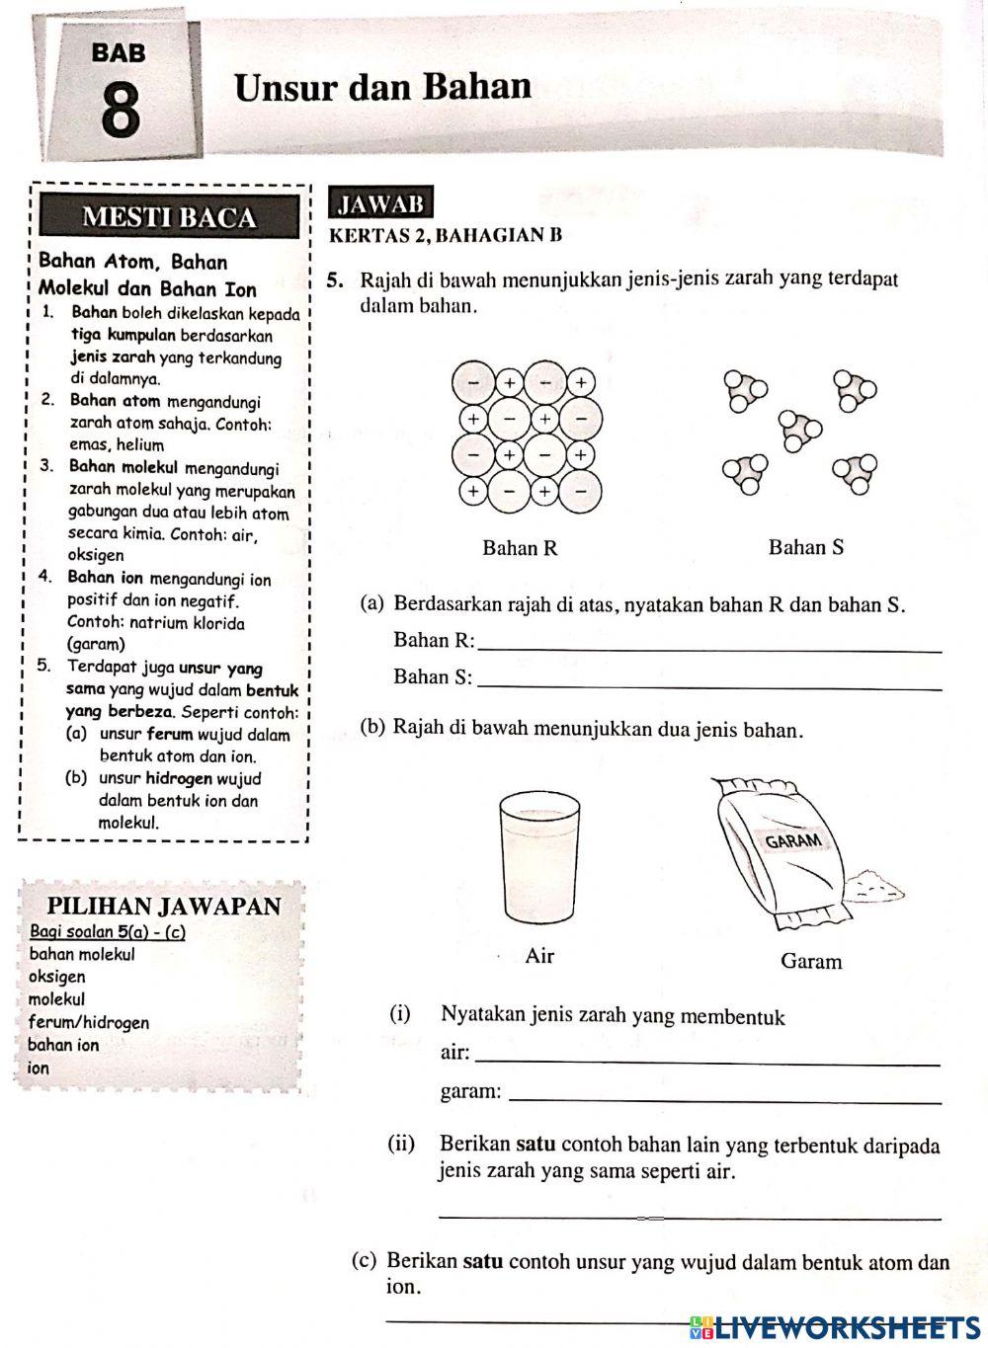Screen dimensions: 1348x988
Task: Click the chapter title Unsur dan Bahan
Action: pyautogui.click(x=382, y=87)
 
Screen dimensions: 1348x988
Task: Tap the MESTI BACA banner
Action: pyautogui.click(x=168, y=217)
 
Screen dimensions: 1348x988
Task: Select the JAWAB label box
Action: pyautogui.click(x=381, y=203)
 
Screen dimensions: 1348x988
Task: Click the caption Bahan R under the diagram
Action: pyautogui.click(x=520, y=547)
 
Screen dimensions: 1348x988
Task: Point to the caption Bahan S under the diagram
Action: pyautogui.click(x=805, y=546)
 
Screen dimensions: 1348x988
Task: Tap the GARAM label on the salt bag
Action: pyautogui.click(x=793, y=840)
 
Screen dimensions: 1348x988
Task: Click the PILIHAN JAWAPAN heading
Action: pyautogui.click(x=164, y=906)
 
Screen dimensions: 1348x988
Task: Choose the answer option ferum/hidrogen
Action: pyautogui.click(x=89, y=1022)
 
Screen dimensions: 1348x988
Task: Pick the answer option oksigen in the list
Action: pyautogui.click(x=57, y=976)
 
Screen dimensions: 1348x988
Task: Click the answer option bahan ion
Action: pyautogui.click(x=63, y=1045)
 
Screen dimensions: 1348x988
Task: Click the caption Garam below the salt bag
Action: pyautogui.click(x=811, y=961)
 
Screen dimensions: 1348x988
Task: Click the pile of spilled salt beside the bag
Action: pyautogui.click(x=874, y=883)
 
